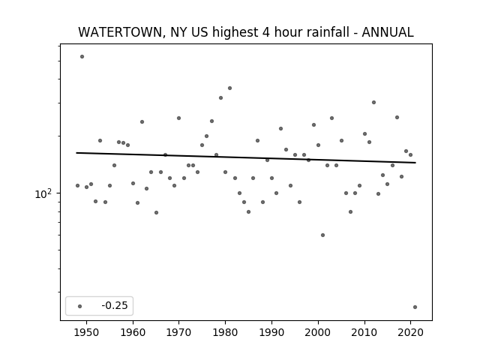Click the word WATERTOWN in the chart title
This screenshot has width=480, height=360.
coord(120,32)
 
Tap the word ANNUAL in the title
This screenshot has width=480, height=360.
coord(388,32)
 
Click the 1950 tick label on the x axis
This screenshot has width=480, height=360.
coord(86,332)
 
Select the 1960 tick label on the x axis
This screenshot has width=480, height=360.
coord(133,332)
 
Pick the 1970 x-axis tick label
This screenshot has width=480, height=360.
coord(178,332)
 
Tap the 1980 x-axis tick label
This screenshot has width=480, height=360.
coord(225,332)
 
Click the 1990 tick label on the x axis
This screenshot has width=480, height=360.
coord(271,332)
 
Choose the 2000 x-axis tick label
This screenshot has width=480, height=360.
coord(318,332)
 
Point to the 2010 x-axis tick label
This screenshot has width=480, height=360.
coord(364,332)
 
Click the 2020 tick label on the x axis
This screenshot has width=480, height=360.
coord(410,332)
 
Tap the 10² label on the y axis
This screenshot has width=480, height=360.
coord(43,193)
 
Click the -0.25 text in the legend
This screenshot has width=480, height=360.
coord(115,305)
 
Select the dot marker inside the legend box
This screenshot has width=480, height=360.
coord(80,306)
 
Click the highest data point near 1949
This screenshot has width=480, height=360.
coord(82,57)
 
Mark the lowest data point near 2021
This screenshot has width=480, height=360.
coord(415,307)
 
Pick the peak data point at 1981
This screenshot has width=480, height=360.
coord(230,88)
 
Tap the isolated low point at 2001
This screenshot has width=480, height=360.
coord(322,235)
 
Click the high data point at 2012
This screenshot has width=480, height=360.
coord(373,102)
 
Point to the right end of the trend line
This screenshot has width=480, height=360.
coord(415,163)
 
